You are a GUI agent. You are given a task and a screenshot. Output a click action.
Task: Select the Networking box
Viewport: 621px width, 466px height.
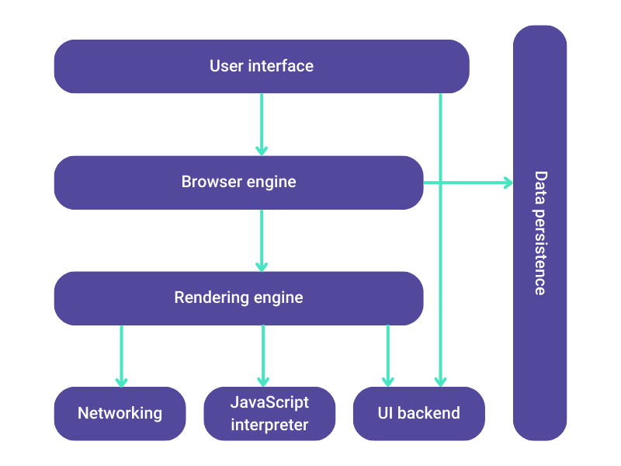[120, 413]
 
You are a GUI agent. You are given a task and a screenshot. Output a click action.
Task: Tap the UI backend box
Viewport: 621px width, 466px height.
[418, 413]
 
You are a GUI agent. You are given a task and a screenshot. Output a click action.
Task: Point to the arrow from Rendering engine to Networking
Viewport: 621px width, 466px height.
[121, 353]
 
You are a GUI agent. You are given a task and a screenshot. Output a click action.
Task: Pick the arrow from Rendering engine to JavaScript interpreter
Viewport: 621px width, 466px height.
[263, 353]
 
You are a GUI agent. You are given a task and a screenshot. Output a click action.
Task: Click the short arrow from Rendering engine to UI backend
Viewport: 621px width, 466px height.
[387, 353]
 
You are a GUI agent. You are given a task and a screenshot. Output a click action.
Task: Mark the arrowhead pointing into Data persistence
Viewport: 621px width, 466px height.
[508, 183]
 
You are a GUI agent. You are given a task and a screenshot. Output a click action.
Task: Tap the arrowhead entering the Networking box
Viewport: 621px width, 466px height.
[121, 381]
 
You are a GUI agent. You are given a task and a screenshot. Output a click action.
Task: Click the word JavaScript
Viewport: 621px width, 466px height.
[269, 402]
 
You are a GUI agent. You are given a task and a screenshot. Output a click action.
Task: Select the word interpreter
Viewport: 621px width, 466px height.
[269, 425]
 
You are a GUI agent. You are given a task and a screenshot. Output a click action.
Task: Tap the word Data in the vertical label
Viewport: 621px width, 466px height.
[539, 186]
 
